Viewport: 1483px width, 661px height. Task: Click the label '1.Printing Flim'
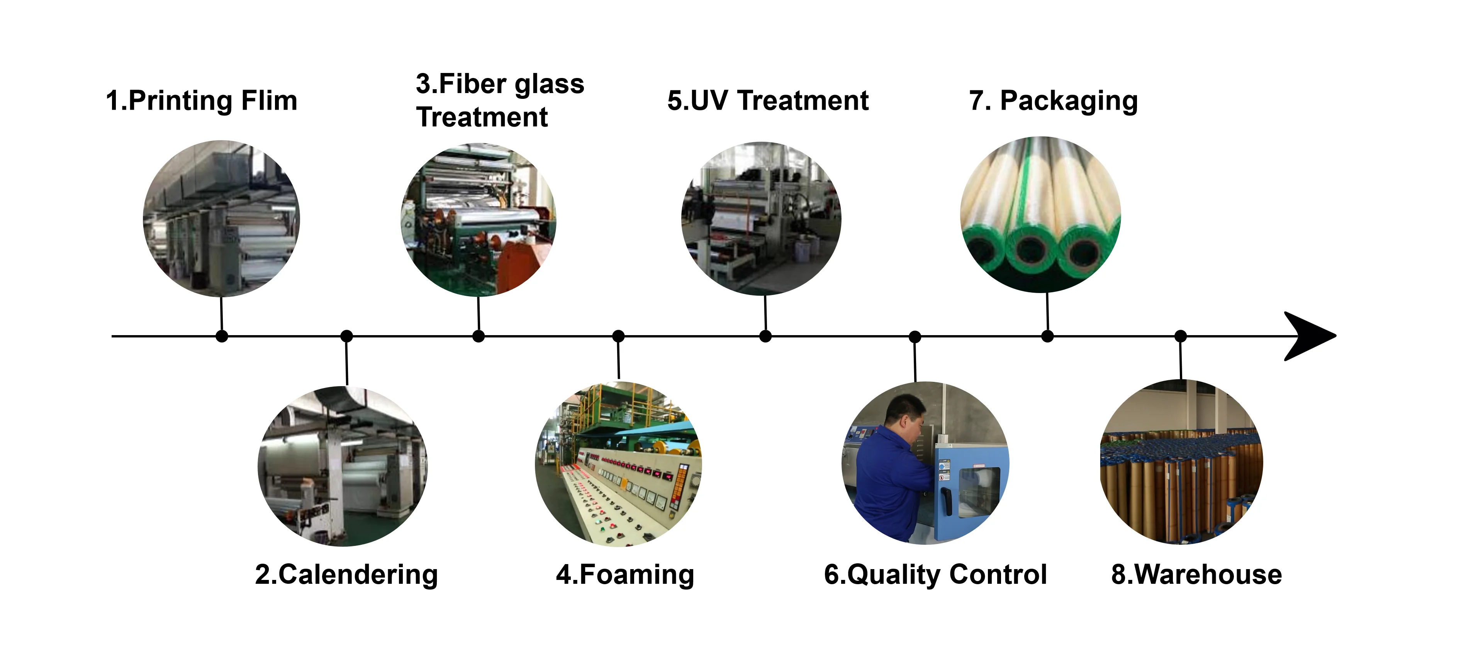[x=202, y=101]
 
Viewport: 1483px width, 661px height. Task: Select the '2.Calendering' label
[x=346, y=575]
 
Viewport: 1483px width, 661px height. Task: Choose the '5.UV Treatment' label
[x=767, y=101]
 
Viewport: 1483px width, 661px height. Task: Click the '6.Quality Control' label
[x=935, y=575]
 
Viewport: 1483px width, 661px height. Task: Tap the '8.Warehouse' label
[x=1196, y=575]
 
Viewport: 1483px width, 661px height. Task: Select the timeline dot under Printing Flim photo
[x=222, y=336]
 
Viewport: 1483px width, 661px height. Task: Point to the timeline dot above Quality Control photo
[x=915, y=336]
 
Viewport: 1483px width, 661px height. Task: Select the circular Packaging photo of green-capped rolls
[x=1040, y=214]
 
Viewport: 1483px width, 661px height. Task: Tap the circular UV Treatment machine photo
[x=761, y=219]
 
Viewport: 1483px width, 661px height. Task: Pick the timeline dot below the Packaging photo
[x=1048, y=336]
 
